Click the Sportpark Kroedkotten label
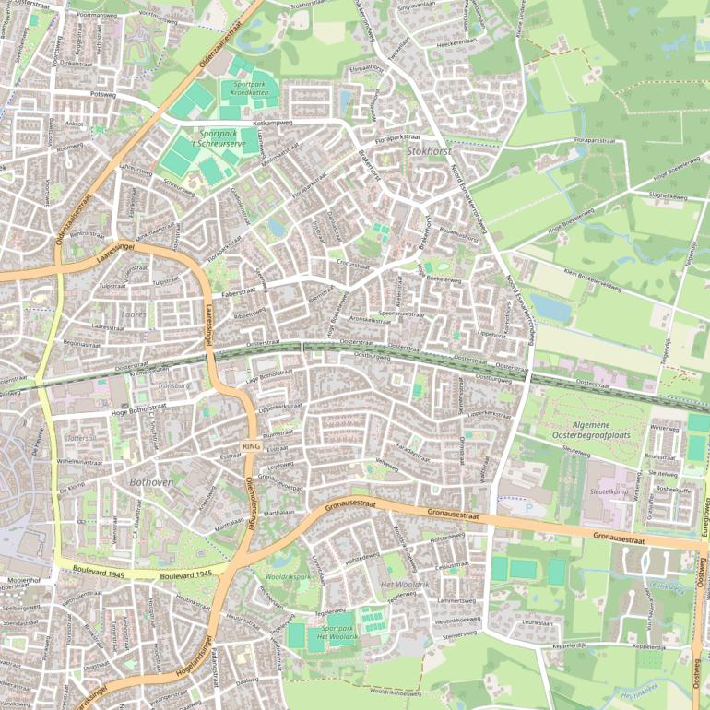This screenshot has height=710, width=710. (x=244, y=89)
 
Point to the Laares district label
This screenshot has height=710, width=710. (x=133, y=314)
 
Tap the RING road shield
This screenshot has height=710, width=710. (x=250, y=446)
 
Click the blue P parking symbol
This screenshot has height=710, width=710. (x=528, y=506)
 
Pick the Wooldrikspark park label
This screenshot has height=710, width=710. (x=290, y=576)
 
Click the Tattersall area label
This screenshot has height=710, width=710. (x=81, y=438)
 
